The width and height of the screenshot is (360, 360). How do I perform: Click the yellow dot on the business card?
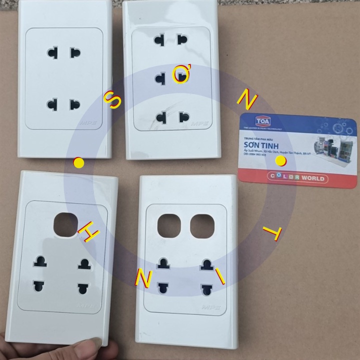(x=281, y=160)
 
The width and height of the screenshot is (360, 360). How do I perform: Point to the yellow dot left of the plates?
(x=78, y=162)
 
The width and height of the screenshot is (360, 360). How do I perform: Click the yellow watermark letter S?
(x=113, y=101)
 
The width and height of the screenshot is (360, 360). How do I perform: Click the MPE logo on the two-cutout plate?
(x=210, y=307)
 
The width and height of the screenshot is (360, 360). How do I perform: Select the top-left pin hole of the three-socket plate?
(x=160, y=40)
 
